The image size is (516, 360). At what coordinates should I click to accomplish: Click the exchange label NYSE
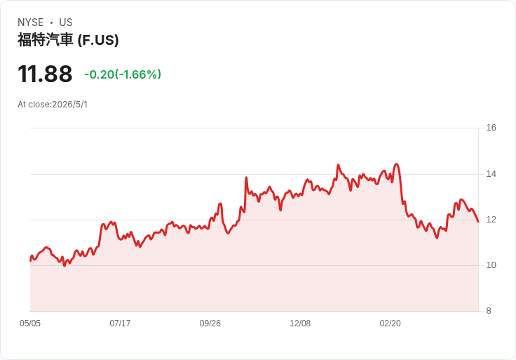(31, 22)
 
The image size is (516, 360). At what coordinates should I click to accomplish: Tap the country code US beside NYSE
(66, 22)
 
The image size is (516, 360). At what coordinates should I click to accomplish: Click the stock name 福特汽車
(45, 40)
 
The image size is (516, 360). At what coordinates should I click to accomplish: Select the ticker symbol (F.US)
(98, 40)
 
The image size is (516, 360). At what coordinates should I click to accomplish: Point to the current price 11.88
(45, 74)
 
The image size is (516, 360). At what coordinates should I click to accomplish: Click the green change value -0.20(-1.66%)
(123, 74)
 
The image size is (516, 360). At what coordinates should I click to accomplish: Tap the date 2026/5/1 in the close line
(70, 105)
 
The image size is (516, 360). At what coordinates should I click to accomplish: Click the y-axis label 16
(491, 128)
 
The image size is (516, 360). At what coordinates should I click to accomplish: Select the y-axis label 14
(491, 174)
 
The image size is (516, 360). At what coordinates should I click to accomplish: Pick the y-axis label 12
(491, 220)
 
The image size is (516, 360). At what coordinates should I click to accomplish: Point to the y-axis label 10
(491, 265)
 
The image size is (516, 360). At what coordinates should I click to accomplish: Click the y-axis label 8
(489, 311)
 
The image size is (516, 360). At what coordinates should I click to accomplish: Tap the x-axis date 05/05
(30, 324)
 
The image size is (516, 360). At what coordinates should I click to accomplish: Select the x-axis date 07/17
(120, 324)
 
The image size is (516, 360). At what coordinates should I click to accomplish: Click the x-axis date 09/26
(210, 324)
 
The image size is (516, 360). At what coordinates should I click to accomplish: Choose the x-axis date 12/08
(300, 324)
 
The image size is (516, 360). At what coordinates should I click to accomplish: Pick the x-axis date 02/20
(391, 324)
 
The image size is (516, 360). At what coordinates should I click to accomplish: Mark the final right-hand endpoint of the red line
(478, 222)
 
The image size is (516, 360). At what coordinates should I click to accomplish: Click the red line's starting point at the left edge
(30, 261)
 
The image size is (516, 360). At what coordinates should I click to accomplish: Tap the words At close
(34, 105)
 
